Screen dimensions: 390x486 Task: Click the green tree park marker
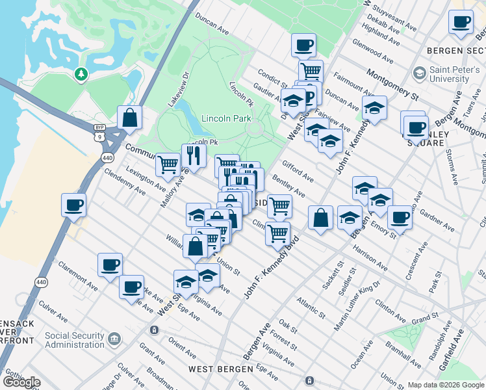[x=81, y=75]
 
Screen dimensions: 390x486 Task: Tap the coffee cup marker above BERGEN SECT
[x=461, y=22]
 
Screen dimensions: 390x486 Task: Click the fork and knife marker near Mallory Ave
[x=194, y=155]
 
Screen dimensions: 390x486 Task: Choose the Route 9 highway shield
[x=99, y=137]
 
